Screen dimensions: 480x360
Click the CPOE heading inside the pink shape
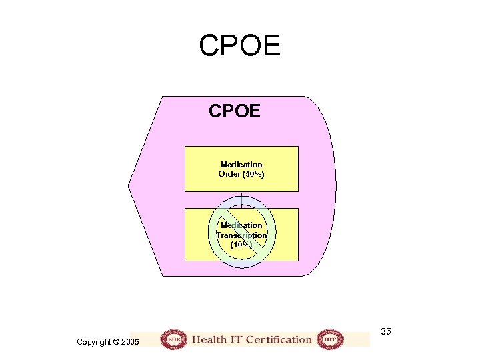pos(235,111)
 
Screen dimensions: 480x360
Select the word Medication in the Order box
pos(241,164)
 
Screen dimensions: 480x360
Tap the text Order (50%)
pos(241,174)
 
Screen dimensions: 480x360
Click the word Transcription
pos(241,235)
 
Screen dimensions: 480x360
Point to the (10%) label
pos(241,245)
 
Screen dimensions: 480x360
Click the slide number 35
pos(387,331)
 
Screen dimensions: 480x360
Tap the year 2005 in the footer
pos(131,342)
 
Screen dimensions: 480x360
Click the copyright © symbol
pos(116,342)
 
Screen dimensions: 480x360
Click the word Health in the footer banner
pos(209,339)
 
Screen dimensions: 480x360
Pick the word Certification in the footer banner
pos(279,339)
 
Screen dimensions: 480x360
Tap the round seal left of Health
pos(174,339)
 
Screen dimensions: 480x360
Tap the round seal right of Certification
pos(329,339)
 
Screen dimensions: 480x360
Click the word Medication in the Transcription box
pos(241,225)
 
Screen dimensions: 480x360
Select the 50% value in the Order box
pos(254,174)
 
